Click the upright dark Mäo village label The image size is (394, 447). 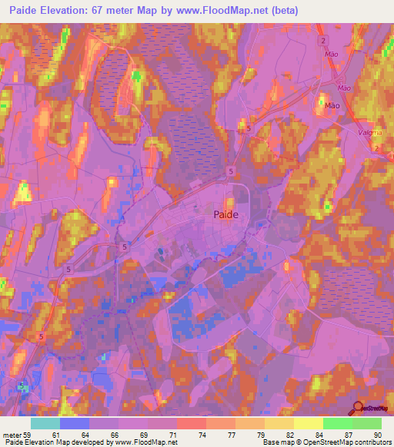coord(332,105)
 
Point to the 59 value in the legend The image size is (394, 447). coord(30,434)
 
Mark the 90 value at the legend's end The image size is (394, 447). coord(377,434)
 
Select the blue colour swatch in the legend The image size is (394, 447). coord(75,423)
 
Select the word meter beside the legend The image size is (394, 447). coord(12,434)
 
